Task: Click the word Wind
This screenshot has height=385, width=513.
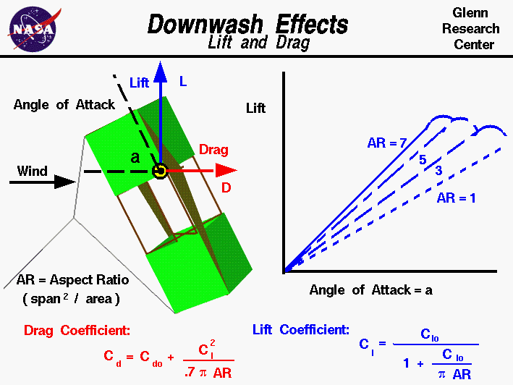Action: [33, 172]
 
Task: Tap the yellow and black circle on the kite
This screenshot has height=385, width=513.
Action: [161, 171]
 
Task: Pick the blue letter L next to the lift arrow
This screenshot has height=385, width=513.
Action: [183, 82]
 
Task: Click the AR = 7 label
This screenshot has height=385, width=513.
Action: [387, 143]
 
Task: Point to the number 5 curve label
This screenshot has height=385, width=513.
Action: [423, 159]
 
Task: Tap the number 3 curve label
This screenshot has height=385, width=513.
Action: [438, 171]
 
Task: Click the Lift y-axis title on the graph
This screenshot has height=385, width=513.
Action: [256, 109]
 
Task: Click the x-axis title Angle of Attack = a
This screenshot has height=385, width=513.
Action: [370, 290]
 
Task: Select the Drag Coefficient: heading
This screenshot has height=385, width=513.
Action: [77, 331]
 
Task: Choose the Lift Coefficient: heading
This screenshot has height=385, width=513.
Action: [300, 330]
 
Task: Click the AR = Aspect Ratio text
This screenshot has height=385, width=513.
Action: [69, 280]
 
